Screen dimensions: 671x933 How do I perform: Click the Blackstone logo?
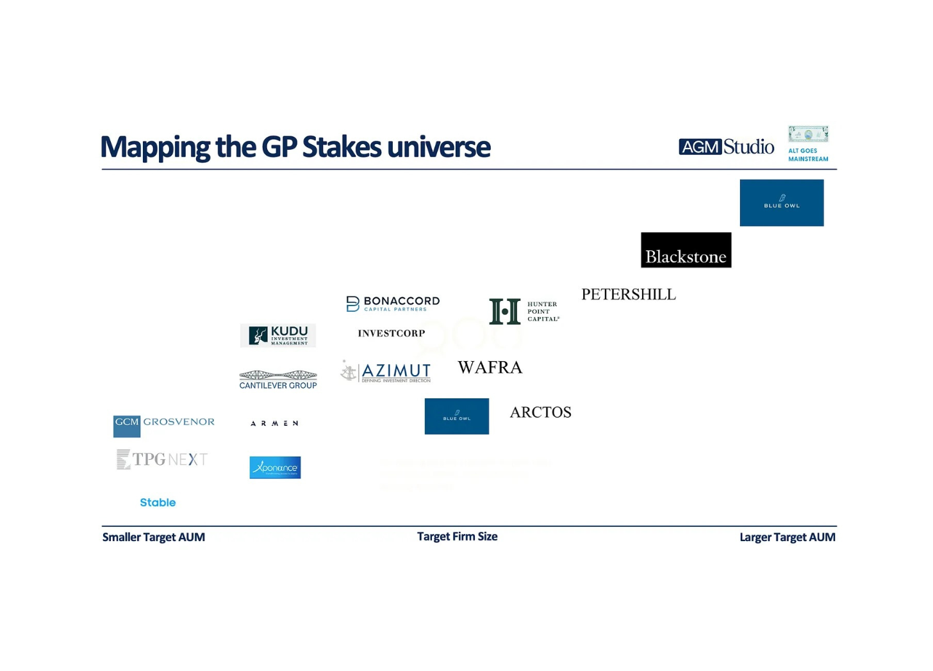click(x=686, y=250)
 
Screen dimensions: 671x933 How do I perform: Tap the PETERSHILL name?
click(x=628, y=295)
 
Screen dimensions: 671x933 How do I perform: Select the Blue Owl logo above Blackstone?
click(x=781, y=203)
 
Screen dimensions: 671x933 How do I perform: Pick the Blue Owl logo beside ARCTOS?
click(x=456, y=416)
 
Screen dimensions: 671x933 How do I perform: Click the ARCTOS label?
click(x=540, y=412)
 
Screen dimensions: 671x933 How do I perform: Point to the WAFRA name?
click(x=490, y=368)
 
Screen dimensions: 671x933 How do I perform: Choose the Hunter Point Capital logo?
click(x=524, y=312)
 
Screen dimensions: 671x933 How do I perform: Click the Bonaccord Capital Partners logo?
click(x=393, y=303)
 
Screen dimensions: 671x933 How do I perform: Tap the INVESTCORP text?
click(x=391, y=334)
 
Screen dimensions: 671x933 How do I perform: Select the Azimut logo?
click(x=386, y=371)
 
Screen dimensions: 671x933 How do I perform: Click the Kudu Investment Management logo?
click(x=278, y=335)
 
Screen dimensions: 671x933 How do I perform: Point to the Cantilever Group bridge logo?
click(x=278, y=379)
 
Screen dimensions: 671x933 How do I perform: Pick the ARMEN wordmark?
click(x=274, y=423)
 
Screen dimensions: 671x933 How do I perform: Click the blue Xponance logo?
click(x=275, y=467)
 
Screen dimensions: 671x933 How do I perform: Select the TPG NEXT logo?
click(x=162, y=459)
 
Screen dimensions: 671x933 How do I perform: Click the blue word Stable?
click(x=158, y=503)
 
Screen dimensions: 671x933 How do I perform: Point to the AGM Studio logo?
click(x=726, y=147)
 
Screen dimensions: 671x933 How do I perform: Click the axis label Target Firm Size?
click(x=457, y=537)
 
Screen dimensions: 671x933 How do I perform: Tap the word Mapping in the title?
click(x=155, y=147)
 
